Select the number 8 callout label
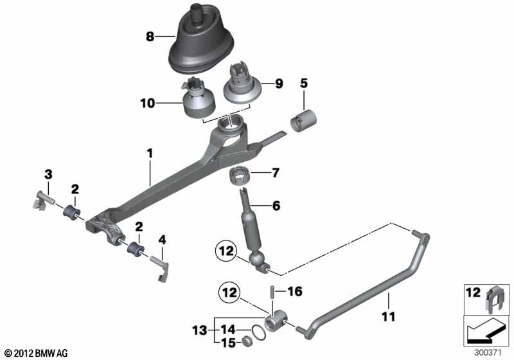(150, 37)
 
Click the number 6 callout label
(276, 206)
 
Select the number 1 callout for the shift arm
(150, 153)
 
